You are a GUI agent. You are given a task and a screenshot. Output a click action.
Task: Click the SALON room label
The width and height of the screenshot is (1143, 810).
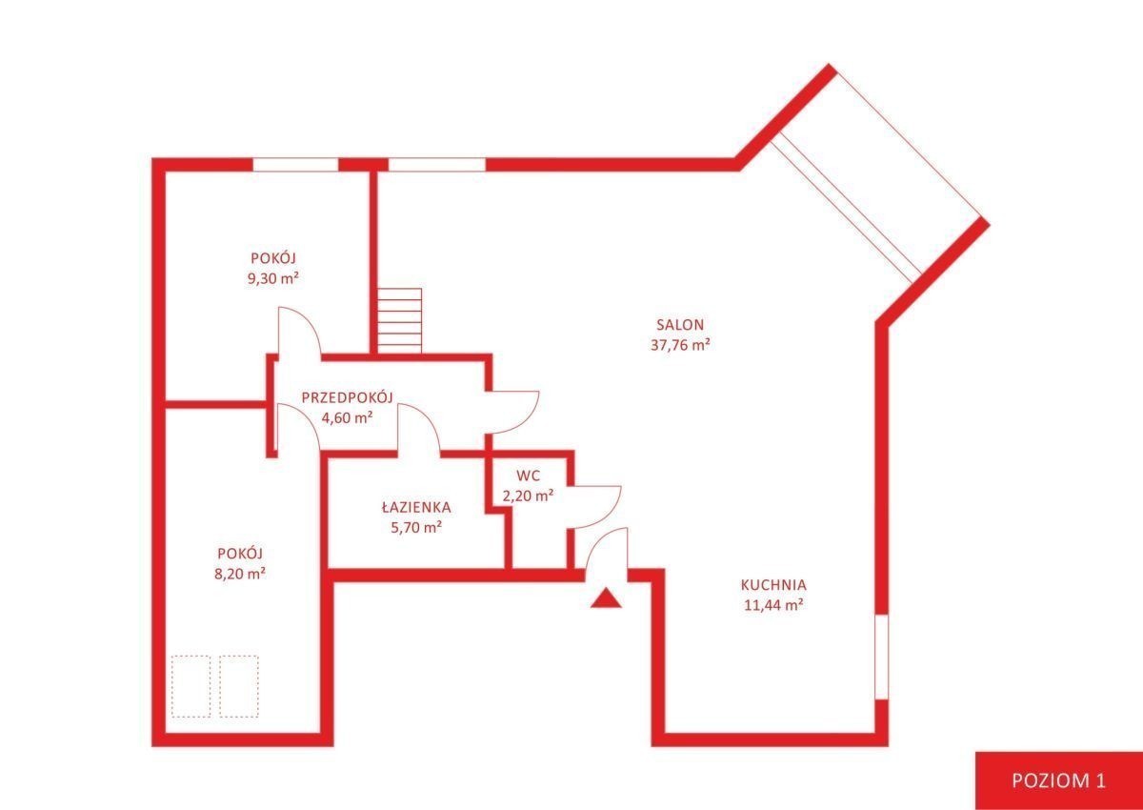680,325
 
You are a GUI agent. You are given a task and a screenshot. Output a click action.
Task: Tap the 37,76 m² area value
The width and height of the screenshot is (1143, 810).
680,346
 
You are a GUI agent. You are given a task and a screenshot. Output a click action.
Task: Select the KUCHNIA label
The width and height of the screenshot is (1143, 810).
773,584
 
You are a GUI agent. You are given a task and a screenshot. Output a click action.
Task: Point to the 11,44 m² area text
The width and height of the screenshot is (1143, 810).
774,605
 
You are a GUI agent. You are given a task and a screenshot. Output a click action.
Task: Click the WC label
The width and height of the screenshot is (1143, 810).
528,476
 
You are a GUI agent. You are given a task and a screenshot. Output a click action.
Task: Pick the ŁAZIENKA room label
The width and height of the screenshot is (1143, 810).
416,507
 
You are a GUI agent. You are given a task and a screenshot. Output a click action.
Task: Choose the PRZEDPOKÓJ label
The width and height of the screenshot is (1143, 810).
348,397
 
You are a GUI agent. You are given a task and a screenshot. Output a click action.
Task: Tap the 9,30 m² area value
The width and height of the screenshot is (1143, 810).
272,278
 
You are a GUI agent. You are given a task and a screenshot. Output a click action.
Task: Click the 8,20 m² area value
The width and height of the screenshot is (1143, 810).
239,575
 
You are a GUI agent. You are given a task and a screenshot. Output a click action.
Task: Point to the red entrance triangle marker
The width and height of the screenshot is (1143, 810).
606,598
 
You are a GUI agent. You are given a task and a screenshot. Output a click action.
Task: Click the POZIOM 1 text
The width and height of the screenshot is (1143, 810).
1060,780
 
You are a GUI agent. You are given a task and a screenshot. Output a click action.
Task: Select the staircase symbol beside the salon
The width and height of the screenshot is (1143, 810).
399,321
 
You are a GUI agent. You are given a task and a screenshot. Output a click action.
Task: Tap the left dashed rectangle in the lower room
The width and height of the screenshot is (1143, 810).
191,686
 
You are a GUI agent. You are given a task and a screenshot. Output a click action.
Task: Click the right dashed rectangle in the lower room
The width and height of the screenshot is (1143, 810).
239,686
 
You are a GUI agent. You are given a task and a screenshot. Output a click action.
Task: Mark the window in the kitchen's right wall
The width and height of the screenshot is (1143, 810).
882,657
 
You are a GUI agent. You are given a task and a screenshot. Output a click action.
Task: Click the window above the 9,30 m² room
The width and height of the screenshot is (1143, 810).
296,165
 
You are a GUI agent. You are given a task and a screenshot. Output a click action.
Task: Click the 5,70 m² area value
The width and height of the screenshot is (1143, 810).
416,527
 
